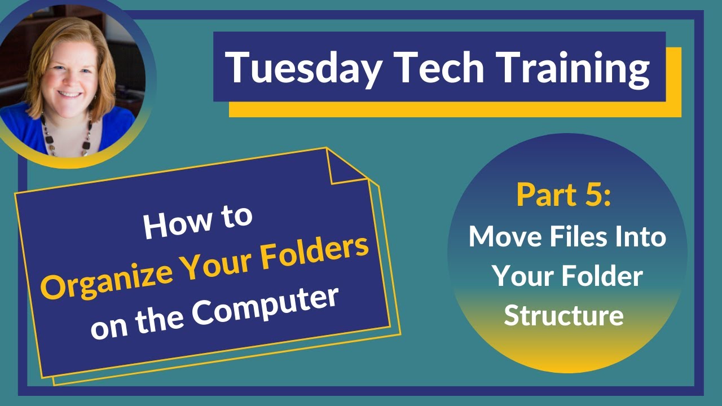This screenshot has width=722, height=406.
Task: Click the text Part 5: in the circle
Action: pyautogui.click(x=563, y=195)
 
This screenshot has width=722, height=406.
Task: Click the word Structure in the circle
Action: pyautogui.click(x=563, y=316)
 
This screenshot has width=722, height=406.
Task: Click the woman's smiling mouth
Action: pyautogui.click(x=70, y=94)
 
